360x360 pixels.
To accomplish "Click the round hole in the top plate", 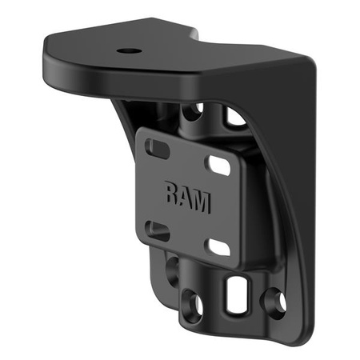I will pos(129,50).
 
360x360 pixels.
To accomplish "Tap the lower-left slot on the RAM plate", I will pos(158,232).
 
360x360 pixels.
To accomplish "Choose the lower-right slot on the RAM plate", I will pos(218,247).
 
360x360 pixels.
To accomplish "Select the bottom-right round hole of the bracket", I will pos(275,302).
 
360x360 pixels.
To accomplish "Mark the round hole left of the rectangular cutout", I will pos(192,304).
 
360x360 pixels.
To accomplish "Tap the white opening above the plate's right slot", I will pos(234,118).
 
